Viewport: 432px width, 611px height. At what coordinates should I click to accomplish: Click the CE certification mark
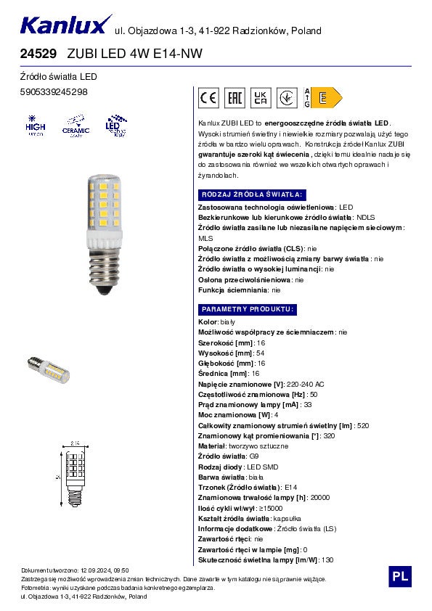click(x=208, y=97)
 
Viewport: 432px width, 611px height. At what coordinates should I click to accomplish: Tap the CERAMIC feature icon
click(x=76, y=126)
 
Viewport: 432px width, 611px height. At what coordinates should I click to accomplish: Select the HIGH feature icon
click(x=36, y=126)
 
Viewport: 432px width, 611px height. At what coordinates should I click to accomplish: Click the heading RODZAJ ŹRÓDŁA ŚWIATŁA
click(x=250, y=195)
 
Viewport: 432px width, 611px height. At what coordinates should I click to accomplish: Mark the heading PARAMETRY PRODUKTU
click(x=247, y=309)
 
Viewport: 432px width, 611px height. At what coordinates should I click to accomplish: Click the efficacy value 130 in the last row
click(x=327, y=559)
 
